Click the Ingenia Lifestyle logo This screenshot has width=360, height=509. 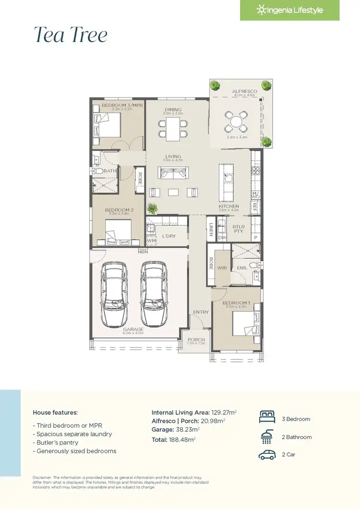tap(289, 10)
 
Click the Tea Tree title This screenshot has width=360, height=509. tap(71, 35)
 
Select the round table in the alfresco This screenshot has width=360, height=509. tap(237, 122)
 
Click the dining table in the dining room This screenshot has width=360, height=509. tap(173, 128)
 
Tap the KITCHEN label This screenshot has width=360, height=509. tap(228, 206)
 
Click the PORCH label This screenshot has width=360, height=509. tap(196, 339)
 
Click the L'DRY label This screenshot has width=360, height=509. tap(168, 236)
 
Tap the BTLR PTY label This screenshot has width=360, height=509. tap(238, 229)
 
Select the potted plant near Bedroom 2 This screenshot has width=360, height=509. tap(153, 208)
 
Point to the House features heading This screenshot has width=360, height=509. tap(55, 412)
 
